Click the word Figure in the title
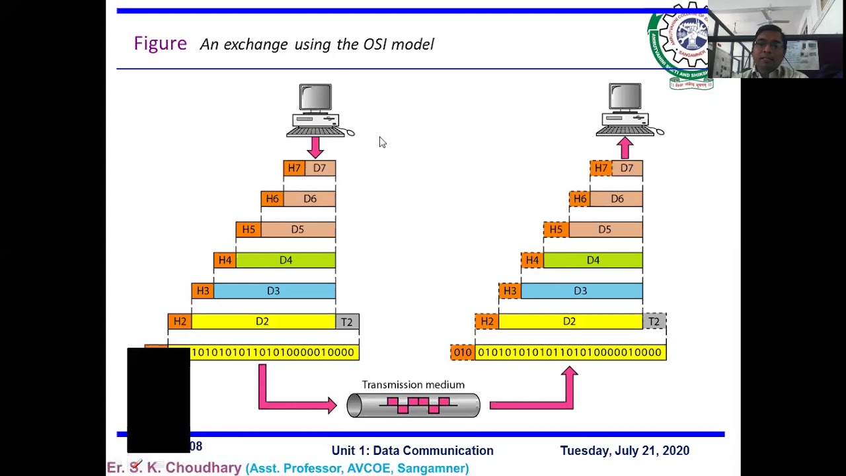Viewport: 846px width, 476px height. [x=160, y=44]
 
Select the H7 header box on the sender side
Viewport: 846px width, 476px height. [x=294, y=168]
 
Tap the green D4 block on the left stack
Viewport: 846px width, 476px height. [x=286, y=260]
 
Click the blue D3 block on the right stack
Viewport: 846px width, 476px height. [x=580, y=291]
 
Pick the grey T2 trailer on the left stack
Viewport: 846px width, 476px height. [x=347, y=322]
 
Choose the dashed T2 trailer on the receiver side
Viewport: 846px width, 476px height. [x=654, y=322]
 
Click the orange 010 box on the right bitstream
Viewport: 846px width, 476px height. [x=463, y=352]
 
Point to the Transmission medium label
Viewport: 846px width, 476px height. [x=413, y=385]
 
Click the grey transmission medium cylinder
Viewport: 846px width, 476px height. [x=413, y=405]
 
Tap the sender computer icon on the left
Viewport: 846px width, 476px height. [x=316, y=109]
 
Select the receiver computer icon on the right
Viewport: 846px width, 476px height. [x=625, y=109]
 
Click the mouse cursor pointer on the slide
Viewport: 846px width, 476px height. [x=382, y=142]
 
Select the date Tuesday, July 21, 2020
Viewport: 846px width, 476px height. [x=625, y=451]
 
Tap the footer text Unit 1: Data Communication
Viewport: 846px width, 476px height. [x=412, y=451]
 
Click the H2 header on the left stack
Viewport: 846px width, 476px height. [x=179, y=322]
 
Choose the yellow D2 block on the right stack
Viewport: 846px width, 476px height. [x=570, y=322]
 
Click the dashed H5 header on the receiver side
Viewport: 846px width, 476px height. [x=556, y=229]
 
